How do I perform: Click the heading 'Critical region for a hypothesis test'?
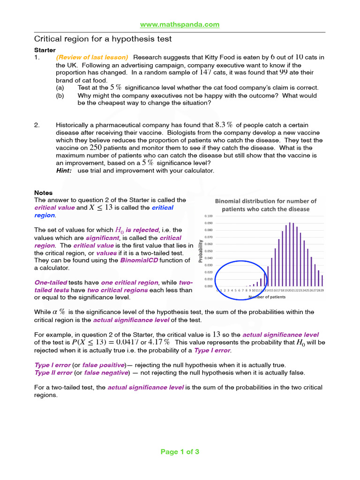coord(103,39)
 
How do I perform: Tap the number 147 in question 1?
coord(207,73)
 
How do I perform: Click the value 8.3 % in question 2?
coord(224,125)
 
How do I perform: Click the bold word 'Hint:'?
coord(64,171)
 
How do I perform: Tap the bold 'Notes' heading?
coord(44,193)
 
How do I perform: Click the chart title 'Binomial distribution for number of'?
coord(265,201)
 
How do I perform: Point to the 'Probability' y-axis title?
coord(201,251)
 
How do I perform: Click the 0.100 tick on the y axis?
coord(208,216)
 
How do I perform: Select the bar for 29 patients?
coord(322,280)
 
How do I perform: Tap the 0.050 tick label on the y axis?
coord(208,251)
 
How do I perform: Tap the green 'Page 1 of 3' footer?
coord(180,452)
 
